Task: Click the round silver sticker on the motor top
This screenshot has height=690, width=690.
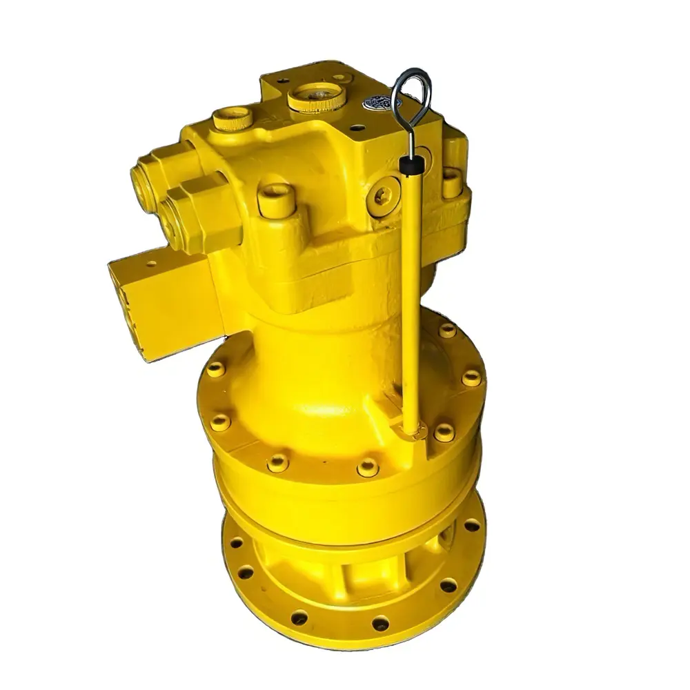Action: coord(382,103)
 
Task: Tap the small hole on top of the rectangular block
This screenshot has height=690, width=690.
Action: coord(150,264)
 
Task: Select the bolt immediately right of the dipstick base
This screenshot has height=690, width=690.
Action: coord(444,433)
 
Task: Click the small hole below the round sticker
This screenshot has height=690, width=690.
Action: coord(357,128)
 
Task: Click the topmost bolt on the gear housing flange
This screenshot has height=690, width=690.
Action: coord(447,330)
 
